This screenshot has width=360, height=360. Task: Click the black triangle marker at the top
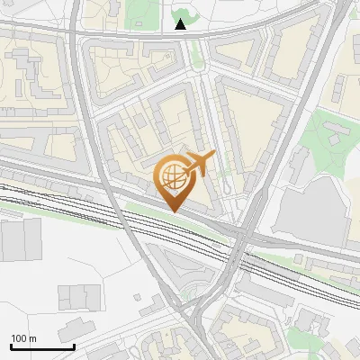(181, 24)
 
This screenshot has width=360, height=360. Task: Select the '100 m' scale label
(23, 338)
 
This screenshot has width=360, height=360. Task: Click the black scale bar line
(42, 346)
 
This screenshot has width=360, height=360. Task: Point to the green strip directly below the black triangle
(194, 54)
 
